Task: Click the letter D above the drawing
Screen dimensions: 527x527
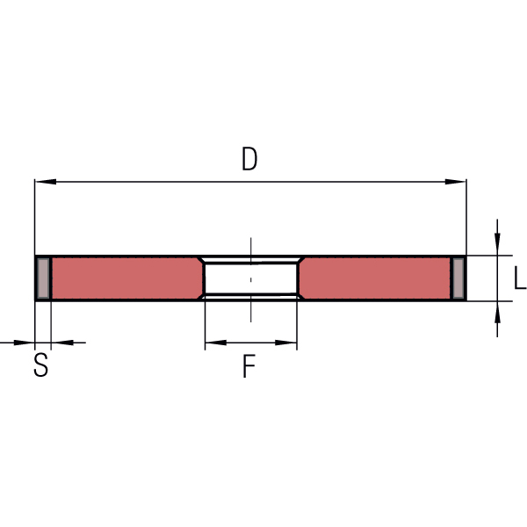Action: (x=249, y=159)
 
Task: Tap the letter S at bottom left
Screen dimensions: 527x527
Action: (x=41, y=365)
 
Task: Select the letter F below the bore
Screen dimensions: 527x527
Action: (x=249, y=366)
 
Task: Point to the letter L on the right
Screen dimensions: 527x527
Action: (x=520, y=278)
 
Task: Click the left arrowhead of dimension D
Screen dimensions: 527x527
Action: (x=46, y=182)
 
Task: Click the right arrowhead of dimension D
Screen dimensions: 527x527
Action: (x=455, y=182)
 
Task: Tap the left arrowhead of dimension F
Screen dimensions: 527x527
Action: (x=216, y=343)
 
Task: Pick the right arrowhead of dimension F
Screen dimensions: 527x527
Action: (x=286, y=343)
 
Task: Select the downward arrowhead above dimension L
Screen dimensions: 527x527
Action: (x=497, y=244)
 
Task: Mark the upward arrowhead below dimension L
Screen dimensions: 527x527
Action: (x=497, y=312)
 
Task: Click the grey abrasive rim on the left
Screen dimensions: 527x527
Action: (x=43, y=278)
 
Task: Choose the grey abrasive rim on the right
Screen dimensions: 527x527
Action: (x=458, y=278)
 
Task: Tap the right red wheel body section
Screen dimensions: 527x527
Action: (x=375, y=278)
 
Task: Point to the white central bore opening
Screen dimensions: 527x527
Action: (x=250, y=278)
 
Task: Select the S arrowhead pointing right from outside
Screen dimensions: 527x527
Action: (x=25, y=343)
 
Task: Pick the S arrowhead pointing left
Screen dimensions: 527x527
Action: (x=62, y=343)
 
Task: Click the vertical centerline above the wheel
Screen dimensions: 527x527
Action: (x=250, y=246)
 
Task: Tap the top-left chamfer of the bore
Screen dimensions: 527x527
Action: (x=200, y=260)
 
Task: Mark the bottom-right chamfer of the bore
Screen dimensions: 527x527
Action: (x=301, y=296)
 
